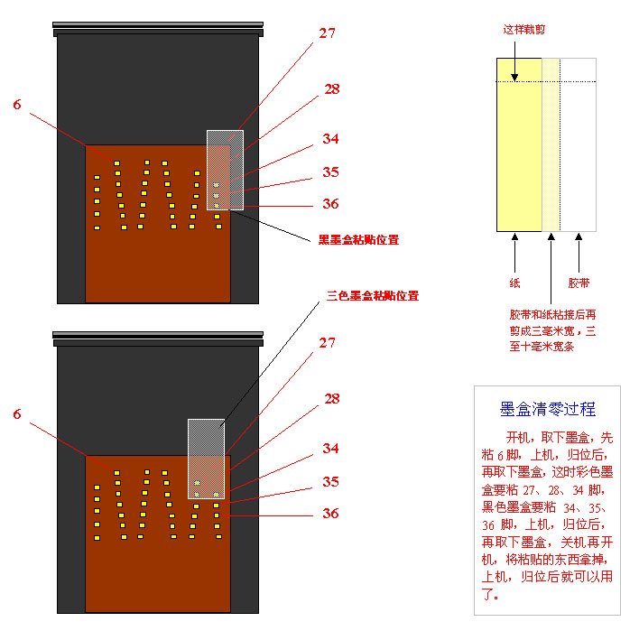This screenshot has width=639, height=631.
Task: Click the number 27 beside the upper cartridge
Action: pyautogui.click(x=326, y=33)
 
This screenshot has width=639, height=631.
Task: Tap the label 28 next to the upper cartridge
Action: pyautogui.click(x=331, y=88)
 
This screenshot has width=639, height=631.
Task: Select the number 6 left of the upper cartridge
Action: pyautogui.click(x=16, y=105)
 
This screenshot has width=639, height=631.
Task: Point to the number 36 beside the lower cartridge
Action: pyautogui.click(x=330, y=513)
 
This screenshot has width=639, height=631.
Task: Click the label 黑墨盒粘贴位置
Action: pyautogui.click(x=358, y=240)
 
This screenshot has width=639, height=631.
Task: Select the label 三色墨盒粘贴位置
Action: pyautogui.click(x=372, y=295)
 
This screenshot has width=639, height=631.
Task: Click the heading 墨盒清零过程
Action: pyautogui.click(x=547, y=409)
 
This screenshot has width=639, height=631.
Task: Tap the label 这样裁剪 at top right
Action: pyautogui.click(x=523, y=29)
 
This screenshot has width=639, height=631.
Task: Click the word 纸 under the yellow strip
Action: pyautogui.click(x=514, y=283)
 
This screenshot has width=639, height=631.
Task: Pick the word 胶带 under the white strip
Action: pyautogui.click(x=579, y=283)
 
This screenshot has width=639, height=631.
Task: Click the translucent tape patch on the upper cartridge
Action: pyautogui.click(x=225, y=170)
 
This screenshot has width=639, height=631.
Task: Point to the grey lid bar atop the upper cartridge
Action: pyautogui.click(x=158, y=28)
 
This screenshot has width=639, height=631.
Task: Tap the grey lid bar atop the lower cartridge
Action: pyautogui.click(x=158, y=338)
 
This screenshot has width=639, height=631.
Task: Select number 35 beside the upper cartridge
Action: pyautogui.click(x=330, y=172)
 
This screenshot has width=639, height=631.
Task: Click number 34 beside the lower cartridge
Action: pyautogui.click(x=331, y=448)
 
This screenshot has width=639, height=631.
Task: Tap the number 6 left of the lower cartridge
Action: pyautogui.click(x=16, y=414)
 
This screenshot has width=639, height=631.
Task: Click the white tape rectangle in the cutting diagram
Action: pyautogui.click(x=578, y=144)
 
